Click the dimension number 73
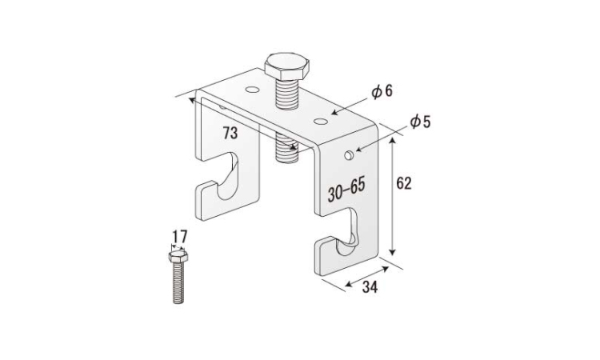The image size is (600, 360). tap(230, 133)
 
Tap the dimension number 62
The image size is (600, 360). tap(404, 184)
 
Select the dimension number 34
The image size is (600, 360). tap(370, 287)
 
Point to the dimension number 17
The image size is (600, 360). tap(179, 237)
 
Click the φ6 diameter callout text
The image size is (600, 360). tap(382, 92)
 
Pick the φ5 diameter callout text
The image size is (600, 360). tap(420, 122)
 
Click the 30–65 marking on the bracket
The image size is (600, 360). tap(346, 190)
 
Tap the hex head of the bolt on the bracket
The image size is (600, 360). tap(286, 66)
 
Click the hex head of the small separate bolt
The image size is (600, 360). tap(178, 256)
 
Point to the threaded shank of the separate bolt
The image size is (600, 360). tap(178, 282)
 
